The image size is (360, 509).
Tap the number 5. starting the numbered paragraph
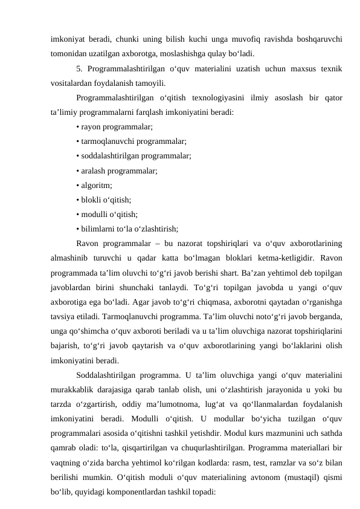(81, 69)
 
